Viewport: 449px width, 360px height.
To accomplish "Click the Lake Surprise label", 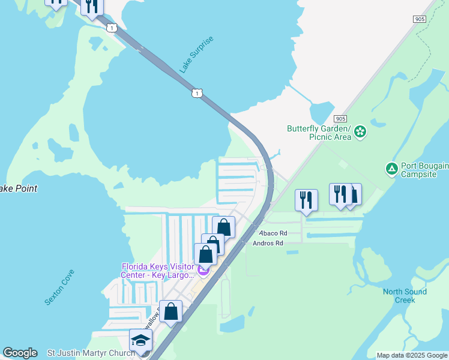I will pos(196,55).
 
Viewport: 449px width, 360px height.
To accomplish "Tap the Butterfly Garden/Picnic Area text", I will pos(318,133).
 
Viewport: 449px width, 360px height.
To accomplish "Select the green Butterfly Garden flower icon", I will pos(360,131).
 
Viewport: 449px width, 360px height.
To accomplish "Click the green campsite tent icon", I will pos(391,169).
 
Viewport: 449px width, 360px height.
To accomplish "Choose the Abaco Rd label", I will pos(273,233).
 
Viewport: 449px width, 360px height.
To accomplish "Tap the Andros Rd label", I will pos(268,243).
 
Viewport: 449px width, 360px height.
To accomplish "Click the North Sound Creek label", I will pos(405,296).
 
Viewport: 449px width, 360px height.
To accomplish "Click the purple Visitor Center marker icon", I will pos(203,274).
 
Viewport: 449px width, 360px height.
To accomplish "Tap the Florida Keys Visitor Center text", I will pos(158,271).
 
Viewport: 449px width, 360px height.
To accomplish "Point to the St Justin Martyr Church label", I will pos(91,353).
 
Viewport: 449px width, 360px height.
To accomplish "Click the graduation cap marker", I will pos(141,340).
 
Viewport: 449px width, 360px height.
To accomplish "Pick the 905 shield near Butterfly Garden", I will pos(341,119).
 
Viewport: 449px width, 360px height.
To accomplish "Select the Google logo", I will pos(20,353).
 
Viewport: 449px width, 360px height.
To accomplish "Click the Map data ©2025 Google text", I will pos(412,355).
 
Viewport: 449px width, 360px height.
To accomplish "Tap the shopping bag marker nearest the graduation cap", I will pos(171,311).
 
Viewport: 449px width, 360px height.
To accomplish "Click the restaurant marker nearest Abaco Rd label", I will pos(306,199).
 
